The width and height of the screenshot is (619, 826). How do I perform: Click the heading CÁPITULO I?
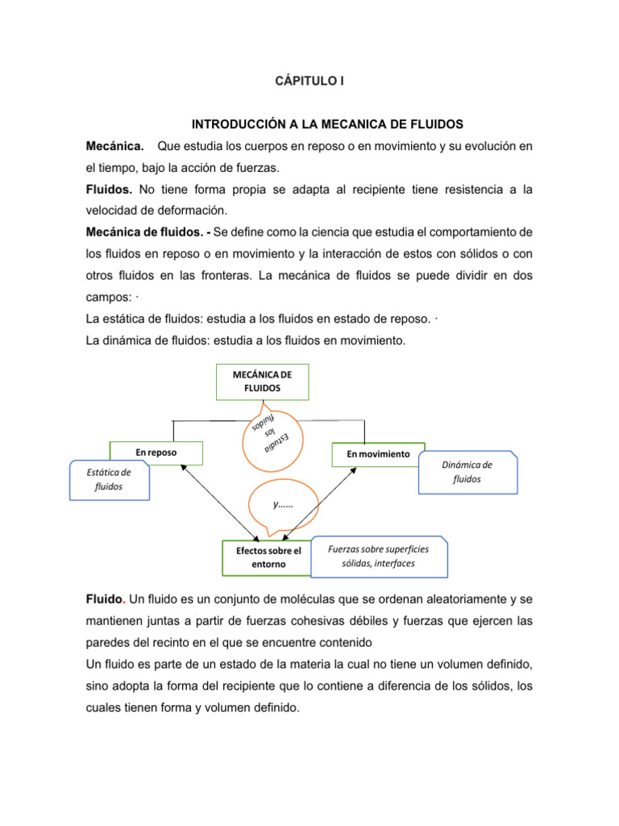[x=310, y=81]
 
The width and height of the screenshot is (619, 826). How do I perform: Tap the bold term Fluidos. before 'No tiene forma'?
[x=110, y=190]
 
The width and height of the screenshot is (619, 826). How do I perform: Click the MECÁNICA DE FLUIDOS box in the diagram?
[x=262, y=382]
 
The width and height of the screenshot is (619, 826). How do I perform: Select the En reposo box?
[x=156, y=453]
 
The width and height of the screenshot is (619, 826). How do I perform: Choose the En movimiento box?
[x=378, y=454]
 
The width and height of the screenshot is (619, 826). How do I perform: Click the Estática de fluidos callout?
[x=109, y=481]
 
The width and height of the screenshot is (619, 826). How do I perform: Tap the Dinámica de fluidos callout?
[x=467, y=472]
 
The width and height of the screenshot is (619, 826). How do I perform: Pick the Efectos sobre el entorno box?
[x=268, y=557]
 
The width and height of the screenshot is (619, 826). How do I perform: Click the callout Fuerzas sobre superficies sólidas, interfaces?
[x=379, y=556]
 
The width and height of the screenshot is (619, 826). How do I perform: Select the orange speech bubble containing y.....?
[x=283, y=506]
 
